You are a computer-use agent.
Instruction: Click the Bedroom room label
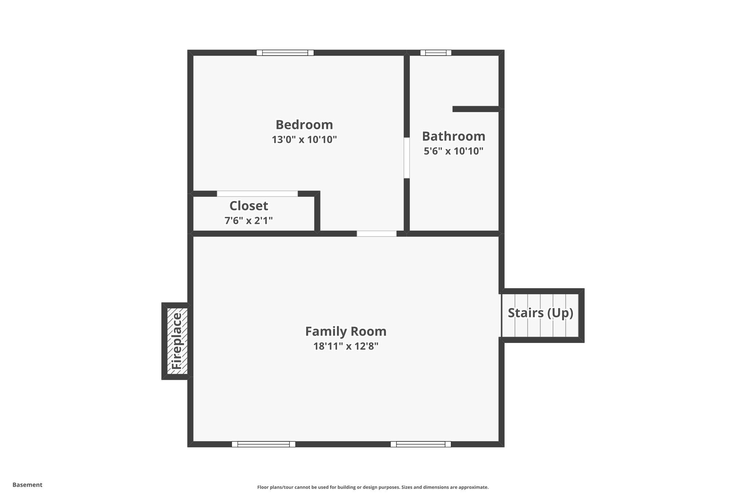point(304,125)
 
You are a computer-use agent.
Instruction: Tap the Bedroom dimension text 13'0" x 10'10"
point(304,140)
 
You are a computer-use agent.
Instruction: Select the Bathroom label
point(454,137)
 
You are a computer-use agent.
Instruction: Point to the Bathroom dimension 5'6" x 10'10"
point(454,151)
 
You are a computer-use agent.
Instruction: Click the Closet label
point(249,206)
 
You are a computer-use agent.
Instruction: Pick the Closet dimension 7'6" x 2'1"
point(249,221)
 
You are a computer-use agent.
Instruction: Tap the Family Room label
point(346,331)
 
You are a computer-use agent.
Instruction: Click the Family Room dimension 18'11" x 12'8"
point(346,346)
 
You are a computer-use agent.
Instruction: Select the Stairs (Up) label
point(541,313)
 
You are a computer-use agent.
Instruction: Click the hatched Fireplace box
point(177,341)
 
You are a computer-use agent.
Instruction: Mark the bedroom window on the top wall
point(285,53)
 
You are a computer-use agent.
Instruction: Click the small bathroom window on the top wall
point(436,53)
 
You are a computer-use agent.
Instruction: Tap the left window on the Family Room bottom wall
point(263,444)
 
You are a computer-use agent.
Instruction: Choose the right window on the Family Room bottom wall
point(421,444)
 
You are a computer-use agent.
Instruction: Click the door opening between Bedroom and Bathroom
point(407,158)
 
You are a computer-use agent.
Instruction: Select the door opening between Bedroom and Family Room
point(377,234)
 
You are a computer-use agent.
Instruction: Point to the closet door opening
point(257,194)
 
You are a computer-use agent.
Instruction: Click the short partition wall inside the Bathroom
point(475,109)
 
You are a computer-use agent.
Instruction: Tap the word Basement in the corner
point(27,485)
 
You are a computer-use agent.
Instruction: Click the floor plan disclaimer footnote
point(373,487)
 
